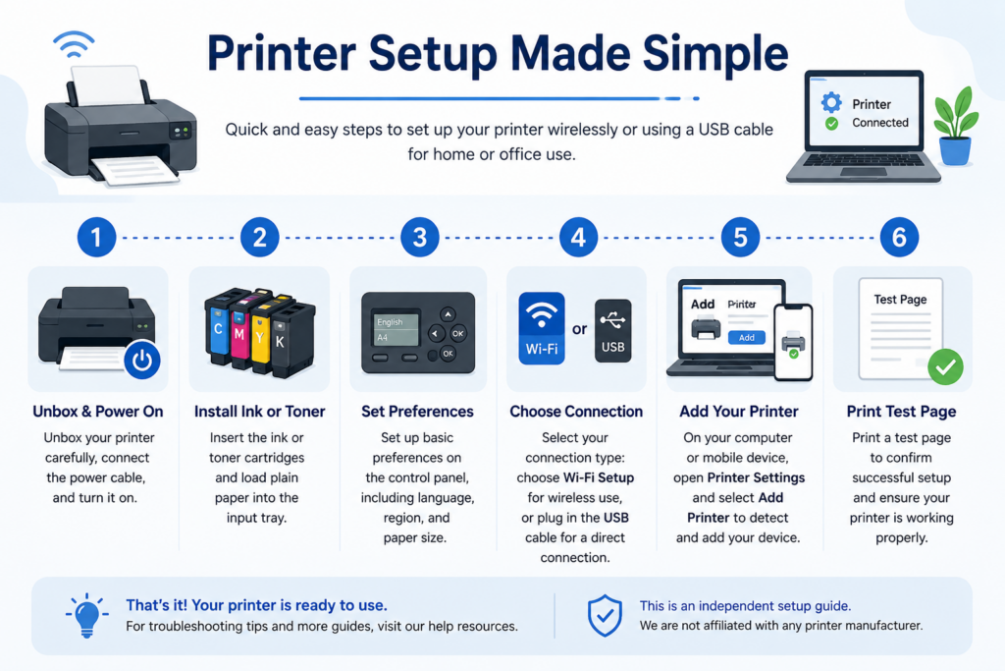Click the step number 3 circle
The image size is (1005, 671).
(x=420, y=238)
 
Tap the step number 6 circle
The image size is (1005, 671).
(x=899, y=238)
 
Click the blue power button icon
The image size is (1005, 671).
(x=142, y=360)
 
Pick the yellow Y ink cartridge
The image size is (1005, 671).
(x=261, y=335)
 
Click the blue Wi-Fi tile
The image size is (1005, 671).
(x=542, y=328)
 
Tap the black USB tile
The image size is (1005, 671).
(x=612, y=330)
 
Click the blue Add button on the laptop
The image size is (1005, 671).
(x=747, y=337)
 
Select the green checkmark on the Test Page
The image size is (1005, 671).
(x=945, y=366)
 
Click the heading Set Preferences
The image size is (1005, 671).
(x=417, y=412)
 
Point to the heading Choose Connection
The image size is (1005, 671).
(x=576, y=412)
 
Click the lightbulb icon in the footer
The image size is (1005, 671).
(x=86, y=615)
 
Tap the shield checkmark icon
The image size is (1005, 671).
(x=605, y=615)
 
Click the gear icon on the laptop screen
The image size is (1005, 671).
(x=831, y=102)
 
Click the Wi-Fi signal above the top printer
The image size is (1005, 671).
(x=75, y=43)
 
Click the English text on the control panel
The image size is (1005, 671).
(x=390, y=322)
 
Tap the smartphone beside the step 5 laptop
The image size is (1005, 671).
(x=793, y=342)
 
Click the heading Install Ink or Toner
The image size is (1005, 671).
(x=259, y=412)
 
